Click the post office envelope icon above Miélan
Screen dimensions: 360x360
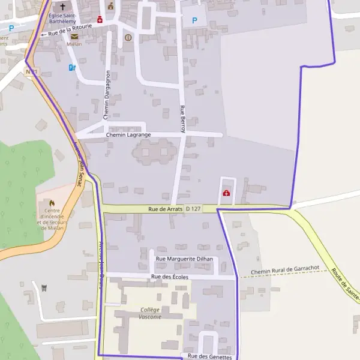[x=74, y=37]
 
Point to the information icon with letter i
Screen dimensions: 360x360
[x=128, y=37]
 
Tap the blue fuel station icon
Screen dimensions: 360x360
[x=73, y=68]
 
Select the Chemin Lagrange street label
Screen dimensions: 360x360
[x=128, y=135]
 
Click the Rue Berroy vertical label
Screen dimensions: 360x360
[x=183, y=118]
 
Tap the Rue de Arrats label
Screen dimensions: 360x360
[x=165, y=209]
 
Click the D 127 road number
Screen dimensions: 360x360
[x=193, y=209]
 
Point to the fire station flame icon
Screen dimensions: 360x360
[x=51, y=203]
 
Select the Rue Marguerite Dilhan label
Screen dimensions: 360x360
[x=184, y=259]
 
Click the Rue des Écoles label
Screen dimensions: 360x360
[x=170, y=277]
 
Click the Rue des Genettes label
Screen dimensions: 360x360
[x=209, y=356]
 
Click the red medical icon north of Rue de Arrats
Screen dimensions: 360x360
[x=227, y=193]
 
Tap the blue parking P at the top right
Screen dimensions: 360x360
[x=194, y=20]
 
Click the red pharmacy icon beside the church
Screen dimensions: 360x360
[x=100, y=19]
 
